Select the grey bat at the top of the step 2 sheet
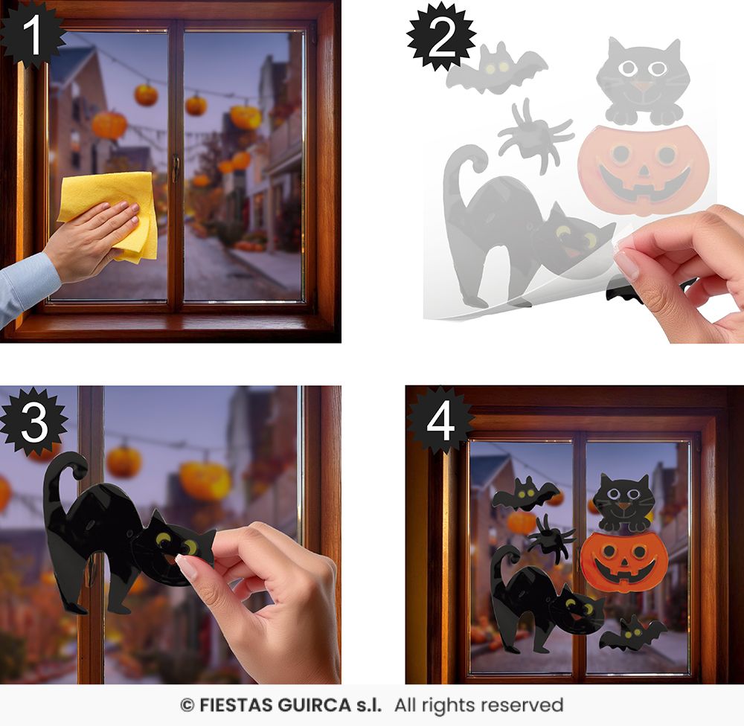(x=495, y=69)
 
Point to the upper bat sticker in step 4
(x=525, y=495)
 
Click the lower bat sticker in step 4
(x=632, y=634)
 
